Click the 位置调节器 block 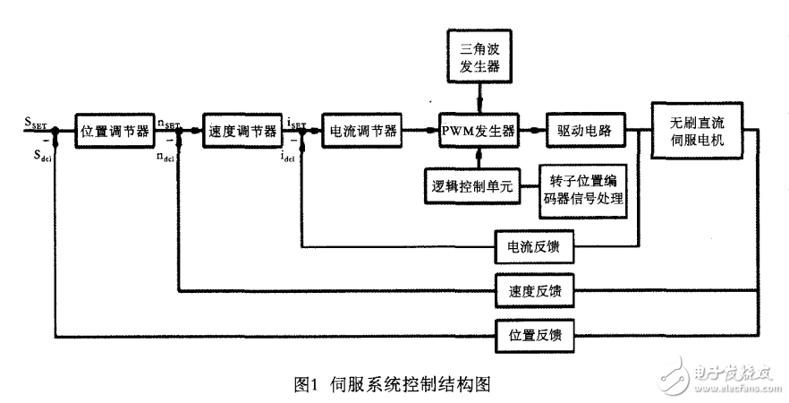pyautogui.click(x=114, y=131)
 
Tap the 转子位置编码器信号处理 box pyautogui.click(x=582, y=191)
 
